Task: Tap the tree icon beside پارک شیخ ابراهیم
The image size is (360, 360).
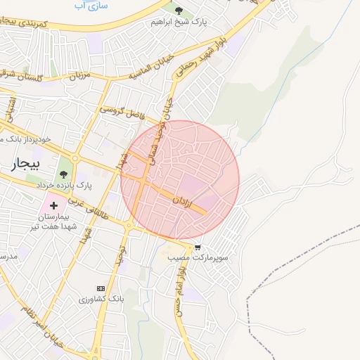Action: click(179, 11)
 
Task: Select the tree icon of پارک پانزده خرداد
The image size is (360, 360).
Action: click(64, 174)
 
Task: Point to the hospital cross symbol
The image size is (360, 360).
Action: click(53, 205)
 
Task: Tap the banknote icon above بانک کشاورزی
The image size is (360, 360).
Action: click(100, 288)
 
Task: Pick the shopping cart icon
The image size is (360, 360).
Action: click(198, 247)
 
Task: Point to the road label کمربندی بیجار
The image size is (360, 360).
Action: click(42, 25)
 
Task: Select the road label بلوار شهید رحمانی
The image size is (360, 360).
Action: click(198, 58)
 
